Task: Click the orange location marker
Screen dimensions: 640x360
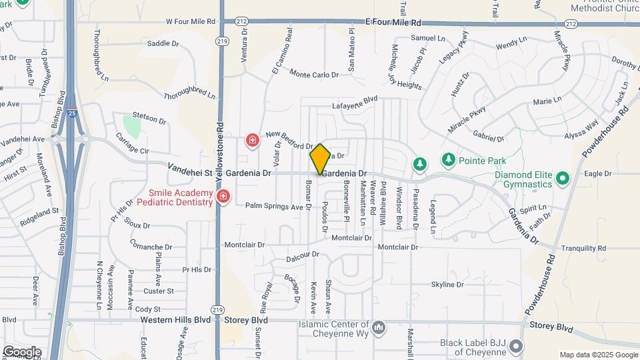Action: click(x=320, y=159)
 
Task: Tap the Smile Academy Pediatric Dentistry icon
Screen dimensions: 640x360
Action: click(x=222, y=197)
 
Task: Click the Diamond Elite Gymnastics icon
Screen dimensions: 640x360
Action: click(x=562, y=178)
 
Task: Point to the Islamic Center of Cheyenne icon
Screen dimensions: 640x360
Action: click(x=379, y=327)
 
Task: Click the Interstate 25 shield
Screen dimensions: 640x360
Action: click(x=72, y=114)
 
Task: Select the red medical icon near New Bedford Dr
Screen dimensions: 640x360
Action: click(x=253, y=140)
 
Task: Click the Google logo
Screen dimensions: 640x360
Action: click(x=21, y=351)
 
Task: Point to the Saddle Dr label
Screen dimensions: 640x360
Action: click(x=163, y=43)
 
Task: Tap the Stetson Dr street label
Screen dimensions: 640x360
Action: click(x=149, y=119)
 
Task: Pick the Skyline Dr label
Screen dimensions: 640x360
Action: click(x=447, y=285)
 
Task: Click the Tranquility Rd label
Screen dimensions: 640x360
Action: click(x=583, y=248)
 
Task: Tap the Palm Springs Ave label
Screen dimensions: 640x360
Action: click(x=274, y=207)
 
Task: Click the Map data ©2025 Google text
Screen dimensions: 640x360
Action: click(x=597, y=355)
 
